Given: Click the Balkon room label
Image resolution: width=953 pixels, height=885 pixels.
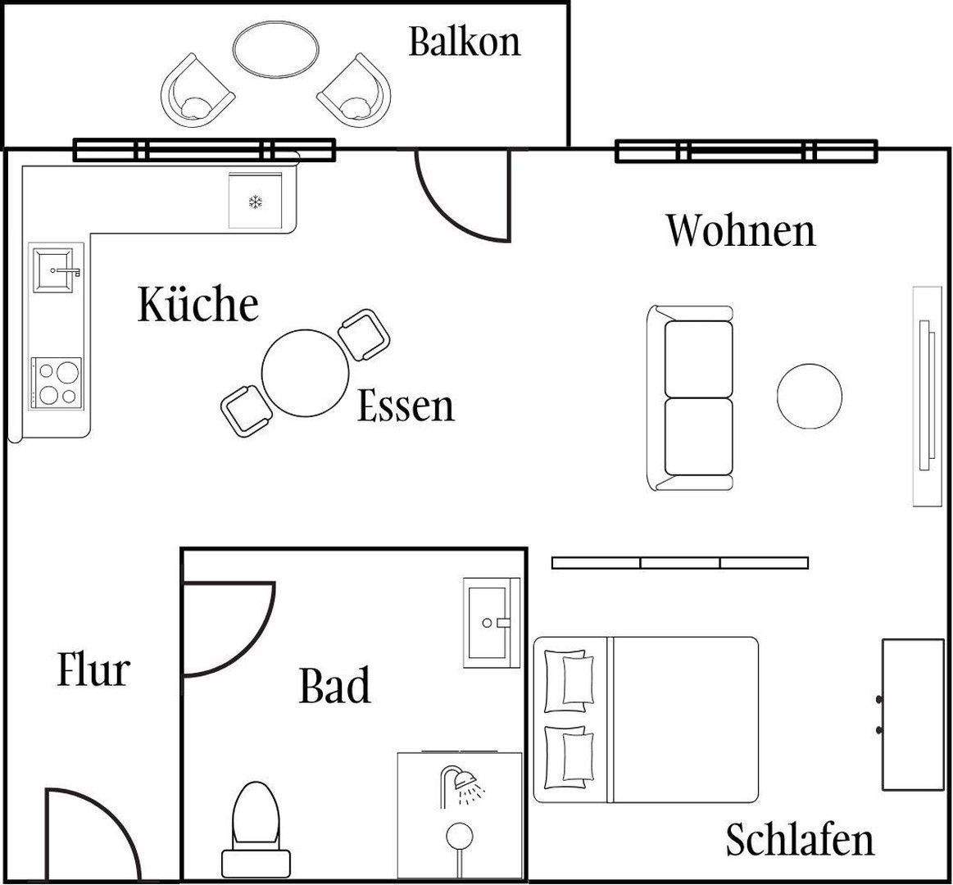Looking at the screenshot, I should click(465, 41).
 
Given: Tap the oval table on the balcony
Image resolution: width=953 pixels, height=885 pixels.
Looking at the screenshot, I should click(276, 51).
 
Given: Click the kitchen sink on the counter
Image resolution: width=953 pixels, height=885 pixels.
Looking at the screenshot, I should click(57, 269).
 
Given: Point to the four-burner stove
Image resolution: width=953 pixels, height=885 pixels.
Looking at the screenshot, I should click(57, 383).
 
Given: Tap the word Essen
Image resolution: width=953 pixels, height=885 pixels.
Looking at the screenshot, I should click(406, 406).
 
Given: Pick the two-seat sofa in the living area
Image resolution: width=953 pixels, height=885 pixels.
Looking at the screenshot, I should click(693, 398).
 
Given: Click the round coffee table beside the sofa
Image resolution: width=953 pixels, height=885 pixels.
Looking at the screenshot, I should click(809, 395).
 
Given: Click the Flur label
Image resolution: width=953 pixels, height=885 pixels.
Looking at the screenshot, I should click(93, 669).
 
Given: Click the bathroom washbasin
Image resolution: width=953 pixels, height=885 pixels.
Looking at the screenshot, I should click(490, 621).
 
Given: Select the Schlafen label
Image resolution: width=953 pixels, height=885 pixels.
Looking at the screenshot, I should click(800, 840).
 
